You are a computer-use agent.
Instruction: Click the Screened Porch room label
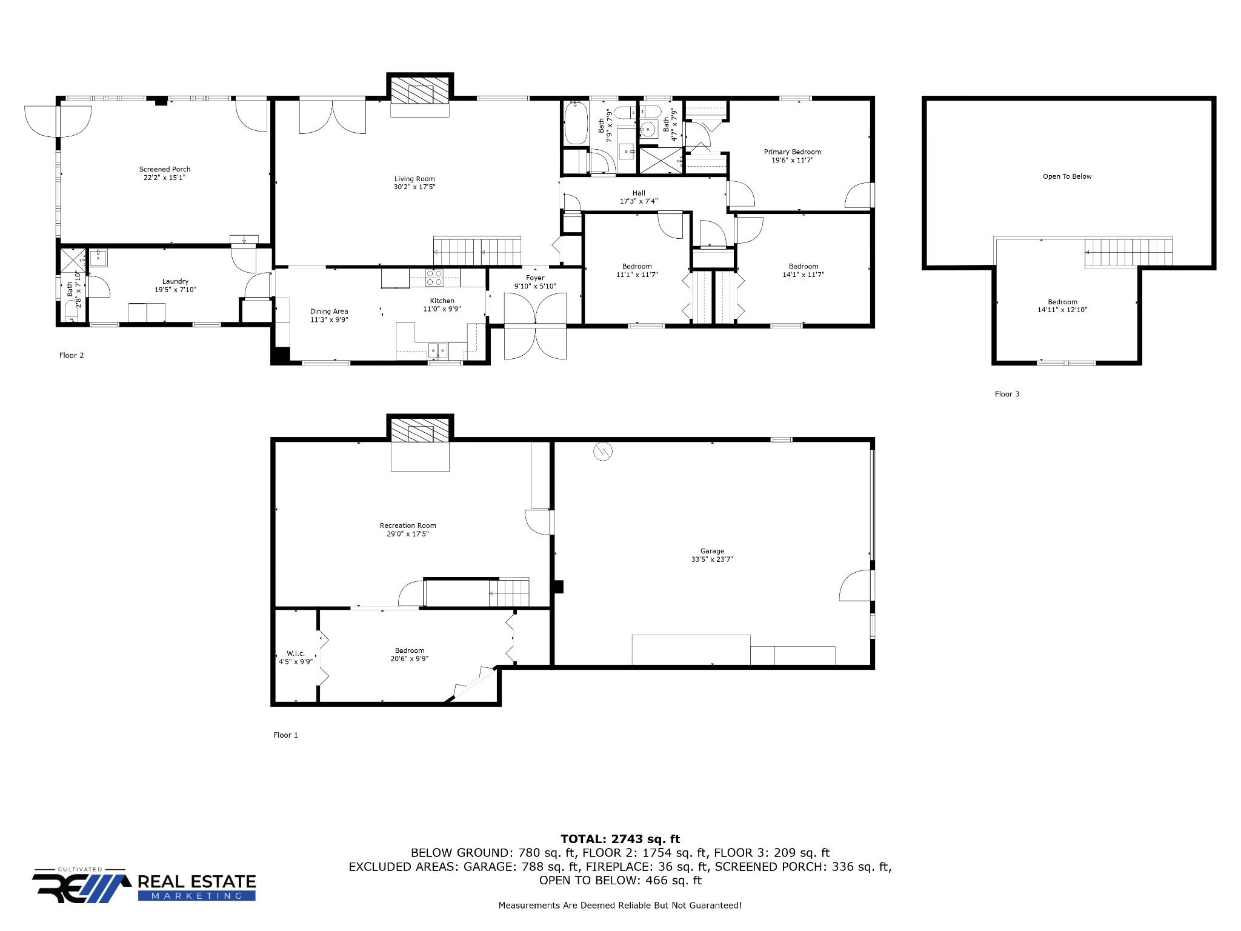click(164, 169)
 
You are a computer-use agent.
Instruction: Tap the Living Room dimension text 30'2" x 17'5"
click(414, 187)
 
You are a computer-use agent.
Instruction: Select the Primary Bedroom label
click(792, 152)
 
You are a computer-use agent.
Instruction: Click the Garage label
click(712, 551)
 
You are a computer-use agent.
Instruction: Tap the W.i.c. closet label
click(296, 653)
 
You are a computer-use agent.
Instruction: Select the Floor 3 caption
click(1006, 394)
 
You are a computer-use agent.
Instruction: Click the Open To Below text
click(1066, 176)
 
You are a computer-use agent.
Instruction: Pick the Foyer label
click(535, 278)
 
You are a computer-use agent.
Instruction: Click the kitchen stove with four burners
click(434, 278)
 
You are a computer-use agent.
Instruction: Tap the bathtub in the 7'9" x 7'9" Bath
click(575, 123)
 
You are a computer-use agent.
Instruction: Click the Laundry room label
click(175, 281)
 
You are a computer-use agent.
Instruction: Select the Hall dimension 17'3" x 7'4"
click(638, 201)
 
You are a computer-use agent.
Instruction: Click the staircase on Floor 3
click(1128, 252)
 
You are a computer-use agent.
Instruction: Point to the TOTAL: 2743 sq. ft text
click(620, 839)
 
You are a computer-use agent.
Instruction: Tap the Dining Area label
click(329, 312)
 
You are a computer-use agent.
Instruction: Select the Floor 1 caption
click(285, 735)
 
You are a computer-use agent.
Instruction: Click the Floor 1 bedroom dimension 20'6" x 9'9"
click(410, 659)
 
